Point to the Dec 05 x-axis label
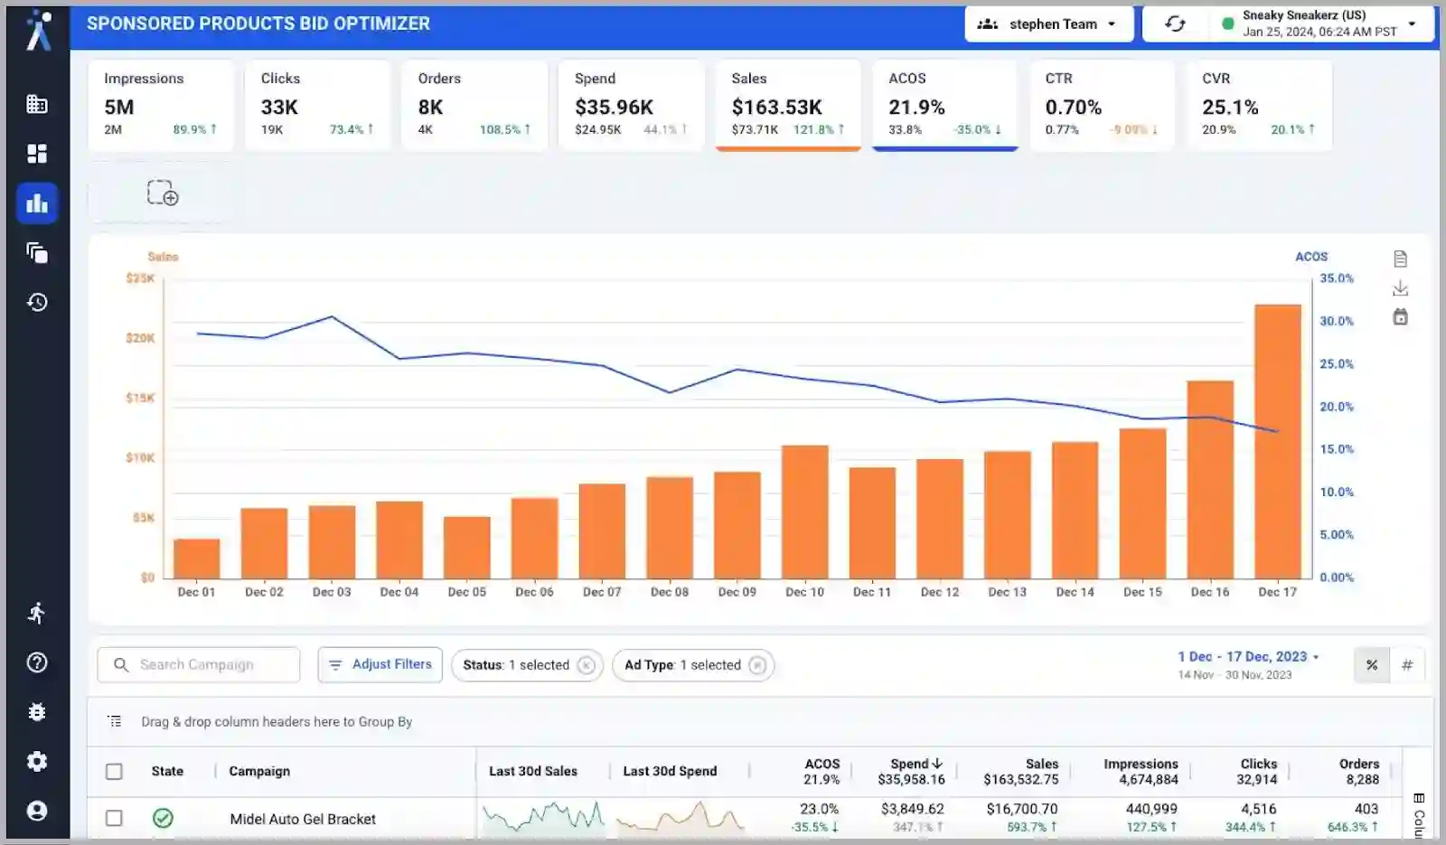pyautogui.click(x=466, y=592)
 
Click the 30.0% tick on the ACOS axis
pyautogui.click(x=1336, y=321)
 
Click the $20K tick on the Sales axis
pyautogui.click(x=140, y=338)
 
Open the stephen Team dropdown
pyautogui.click(x=1049, y=24)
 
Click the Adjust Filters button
pyautogui.click(x=380, y=664)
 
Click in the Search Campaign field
pyautogui.click(x=208, y=664)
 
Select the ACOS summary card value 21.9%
pyautogui.click(x=916, y=108)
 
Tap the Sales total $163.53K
pyautogui.click(x=776, y=108)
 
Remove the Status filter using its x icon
pyautogui.click(x=586, y=665)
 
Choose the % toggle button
pyautogui.click(x=1371, y=665)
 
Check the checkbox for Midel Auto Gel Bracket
pyautogui.click(x=114, y=818)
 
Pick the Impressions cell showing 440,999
pyautogui.click(x=1151, y=809)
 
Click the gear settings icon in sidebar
pyautogui.click(x=37, y=761)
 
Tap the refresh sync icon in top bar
pyautogui.click(x=1175, y=24)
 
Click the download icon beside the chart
pyautogui.click(x=1400, y=288)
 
